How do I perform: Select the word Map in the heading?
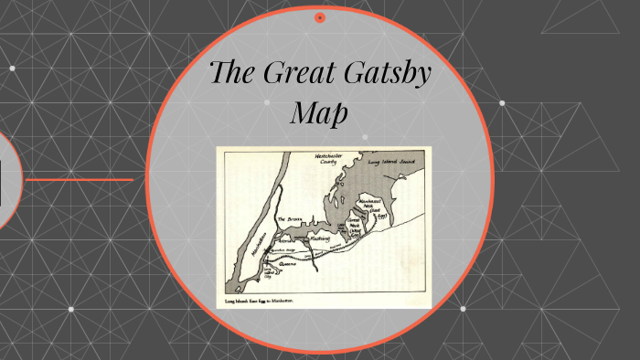pyautogui.click(x=319, y=113)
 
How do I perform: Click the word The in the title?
pyautogui.click(x=234, y=73)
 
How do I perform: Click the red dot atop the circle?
pyautogui.click(x=320, y=17)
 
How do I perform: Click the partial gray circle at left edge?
pyautogui.click(x=8, y=179)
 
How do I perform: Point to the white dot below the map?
pyautogui.click(x=463, y=309)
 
